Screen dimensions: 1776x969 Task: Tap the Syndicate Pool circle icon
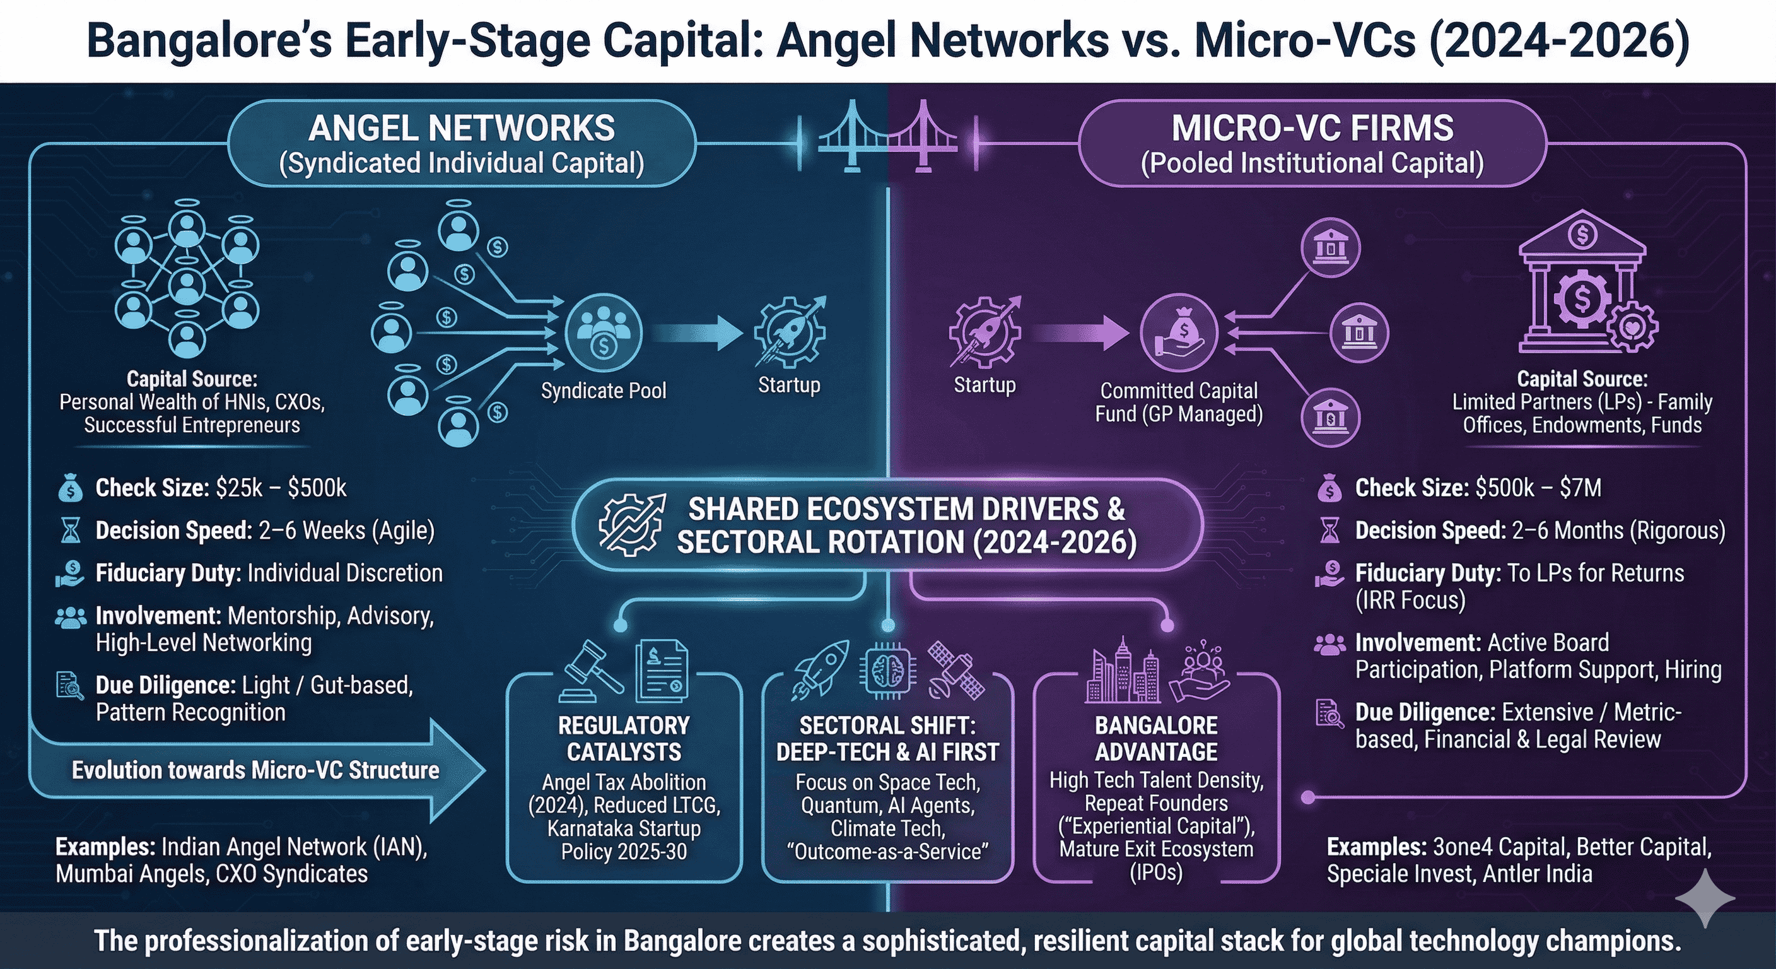click(x=604, y=333)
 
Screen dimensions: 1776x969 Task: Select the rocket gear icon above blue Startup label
click(x=790, y=331)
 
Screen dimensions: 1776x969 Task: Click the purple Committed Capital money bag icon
click(x=1179, y=333)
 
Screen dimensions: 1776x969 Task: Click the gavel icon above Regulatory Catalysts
click(x=593, y=671)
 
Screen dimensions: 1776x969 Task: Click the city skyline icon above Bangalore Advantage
click(x=1122, y=670)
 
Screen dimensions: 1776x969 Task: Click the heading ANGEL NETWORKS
click(x=461, y=128)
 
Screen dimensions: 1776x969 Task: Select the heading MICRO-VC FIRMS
click(x=1312, y=128)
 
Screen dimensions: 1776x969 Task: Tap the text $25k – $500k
click(x=281, y=488)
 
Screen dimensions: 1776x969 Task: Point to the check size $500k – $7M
click(x=1539, y=488)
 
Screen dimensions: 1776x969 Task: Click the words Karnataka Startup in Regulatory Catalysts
click(x=624, y=828)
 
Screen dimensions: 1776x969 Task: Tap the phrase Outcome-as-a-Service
click(x=888, y=851)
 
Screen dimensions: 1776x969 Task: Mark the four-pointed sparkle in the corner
click(x=1705, y=898)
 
